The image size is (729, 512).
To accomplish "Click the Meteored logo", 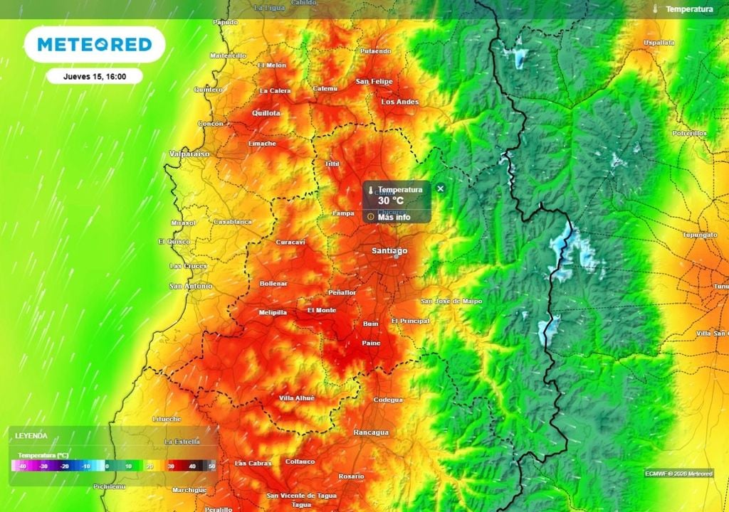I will (x=95, y=45).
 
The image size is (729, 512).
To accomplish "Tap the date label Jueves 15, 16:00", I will (x=95, y=76).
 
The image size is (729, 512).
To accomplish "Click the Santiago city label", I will (x=390, y=251).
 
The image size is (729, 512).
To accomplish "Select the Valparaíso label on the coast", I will (x=189, y=154).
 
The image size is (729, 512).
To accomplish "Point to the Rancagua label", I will (x=371, y=432).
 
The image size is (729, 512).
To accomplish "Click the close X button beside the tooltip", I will (x=440, y=188).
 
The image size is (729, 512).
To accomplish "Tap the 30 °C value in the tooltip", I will (x=391, y=201).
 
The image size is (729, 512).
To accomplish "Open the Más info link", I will (x=394, y=217).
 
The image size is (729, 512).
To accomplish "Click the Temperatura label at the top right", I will (x=689, y=9).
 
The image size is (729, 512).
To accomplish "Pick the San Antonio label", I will (x=190, y=286).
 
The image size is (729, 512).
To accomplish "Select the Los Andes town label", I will (x=400, y=102).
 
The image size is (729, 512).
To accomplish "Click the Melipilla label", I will (x=273, y=312).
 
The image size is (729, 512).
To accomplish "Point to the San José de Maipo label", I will (x=451, y=301).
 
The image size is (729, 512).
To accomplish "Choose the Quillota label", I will (x=266, y=113).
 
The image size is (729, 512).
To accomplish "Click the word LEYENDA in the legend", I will (x=32, y=435).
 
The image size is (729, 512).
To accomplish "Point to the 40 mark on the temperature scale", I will (x=192, y=466).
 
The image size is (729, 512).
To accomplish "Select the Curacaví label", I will (x=290, y=242).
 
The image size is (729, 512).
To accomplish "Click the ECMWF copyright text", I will (x=678, y=473).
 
